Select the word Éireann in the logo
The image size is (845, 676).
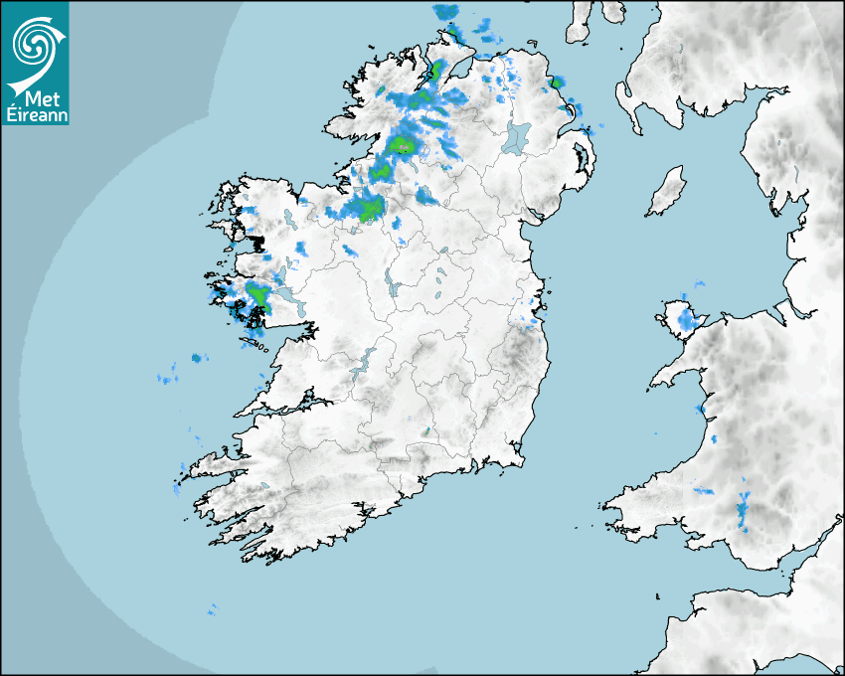(36, 114)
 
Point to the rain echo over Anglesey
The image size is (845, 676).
(685, 319)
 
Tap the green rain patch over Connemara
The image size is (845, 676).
(258, 295)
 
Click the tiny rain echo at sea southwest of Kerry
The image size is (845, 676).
(212, 608)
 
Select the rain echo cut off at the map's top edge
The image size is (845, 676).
(446, 12)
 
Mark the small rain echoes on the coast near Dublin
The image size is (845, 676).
(527, 320)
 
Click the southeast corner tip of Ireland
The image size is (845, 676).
(521, 459)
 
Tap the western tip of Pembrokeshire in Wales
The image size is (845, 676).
(609, 506)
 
